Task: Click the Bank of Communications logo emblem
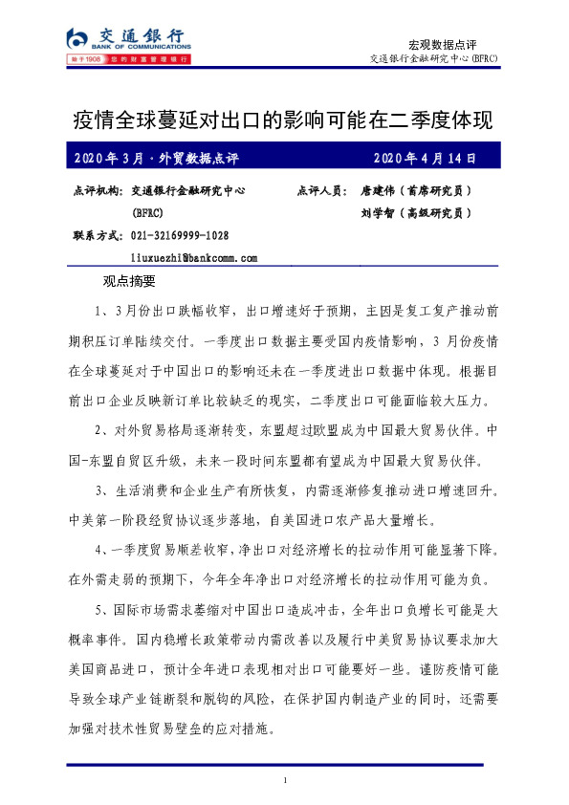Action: coord(77,39)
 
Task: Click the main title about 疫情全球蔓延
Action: coord(283,120)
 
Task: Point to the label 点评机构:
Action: coord(97,191)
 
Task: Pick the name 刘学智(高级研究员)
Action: coord(416,213)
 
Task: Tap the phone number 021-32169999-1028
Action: coord(180,235)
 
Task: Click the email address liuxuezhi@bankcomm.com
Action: coord(195,258)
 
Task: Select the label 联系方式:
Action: coord(97,235)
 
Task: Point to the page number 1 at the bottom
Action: coord(285,784)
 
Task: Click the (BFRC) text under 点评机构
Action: coord(147,213)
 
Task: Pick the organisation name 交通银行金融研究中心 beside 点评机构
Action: coord(188,191)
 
